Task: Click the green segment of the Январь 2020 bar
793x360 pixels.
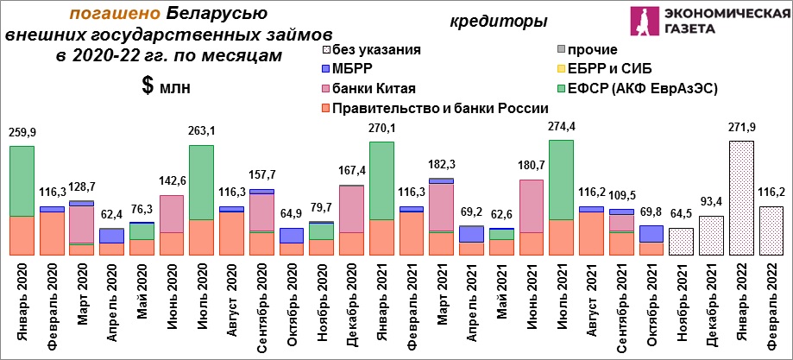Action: [x=22, y=181]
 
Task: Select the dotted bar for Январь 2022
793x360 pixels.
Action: [x=741, y=198]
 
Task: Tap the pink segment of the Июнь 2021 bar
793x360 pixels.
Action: [x=532, y=206]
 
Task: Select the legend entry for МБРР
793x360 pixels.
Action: [x=346, y=69]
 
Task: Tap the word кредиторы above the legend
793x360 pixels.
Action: [x=491, y=22]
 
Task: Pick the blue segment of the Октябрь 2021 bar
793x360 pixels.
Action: [x=651, y=234]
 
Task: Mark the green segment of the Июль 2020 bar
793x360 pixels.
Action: [x=202, y=183]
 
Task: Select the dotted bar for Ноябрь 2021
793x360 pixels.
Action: [x=681, y=242]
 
